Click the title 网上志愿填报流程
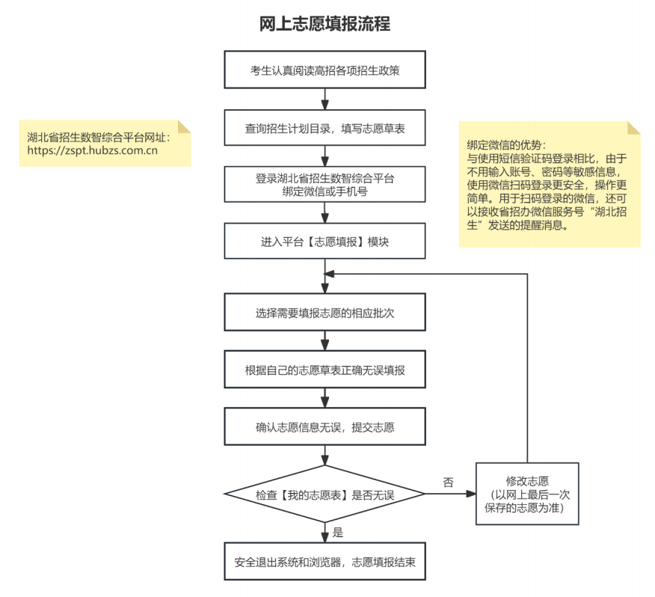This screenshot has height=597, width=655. click(x=325, y=23)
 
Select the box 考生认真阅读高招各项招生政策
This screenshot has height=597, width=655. click(x=325, y=70)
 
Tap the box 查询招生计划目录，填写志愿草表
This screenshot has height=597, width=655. click(x=325, y=129)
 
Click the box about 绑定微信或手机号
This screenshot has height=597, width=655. click(x=325, y=184)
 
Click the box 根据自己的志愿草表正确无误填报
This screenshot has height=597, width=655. click(x=325, y=370)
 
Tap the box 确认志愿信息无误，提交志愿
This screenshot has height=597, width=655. click(x=325, y=427)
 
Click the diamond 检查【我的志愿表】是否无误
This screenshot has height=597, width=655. click(x=325, y=495)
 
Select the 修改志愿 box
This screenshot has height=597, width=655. click(x=527, y=494)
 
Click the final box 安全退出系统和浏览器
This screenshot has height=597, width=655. click(x=325, y=562)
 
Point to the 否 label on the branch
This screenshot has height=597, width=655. click(x=448, y=483)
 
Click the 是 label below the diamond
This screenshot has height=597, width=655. click(x=337, y=533)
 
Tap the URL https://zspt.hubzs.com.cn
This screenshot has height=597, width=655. click(x=92, y=150)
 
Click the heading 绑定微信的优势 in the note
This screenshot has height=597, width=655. click(x=507, y=144)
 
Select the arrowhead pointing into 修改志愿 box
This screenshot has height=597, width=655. click(x=471, y=495)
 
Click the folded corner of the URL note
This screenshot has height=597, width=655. click(x=185, y=126)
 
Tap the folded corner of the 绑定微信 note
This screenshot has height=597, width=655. click(x=633, y=127)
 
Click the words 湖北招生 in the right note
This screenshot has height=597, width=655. click(x=612, y=213)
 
